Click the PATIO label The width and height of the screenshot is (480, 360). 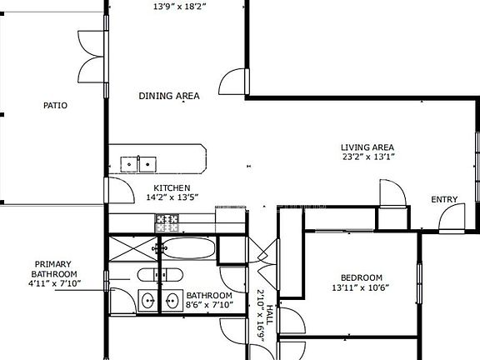click(55, 106)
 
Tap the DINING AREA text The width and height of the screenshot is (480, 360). click(169, 96)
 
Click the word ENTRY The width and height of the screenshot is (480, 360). click(444, 199)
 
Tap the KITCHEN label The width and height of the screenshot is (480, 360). click(172, 188)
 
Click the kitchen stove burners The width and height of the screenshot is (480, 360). click(168, 222)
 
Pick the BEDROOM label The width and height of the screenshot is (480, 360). click(361, 277)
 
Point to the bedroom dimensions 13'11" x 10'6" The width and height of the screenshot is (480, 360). click(361, 288)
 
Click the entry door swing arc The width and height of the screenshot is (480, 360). click(450, 216)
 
